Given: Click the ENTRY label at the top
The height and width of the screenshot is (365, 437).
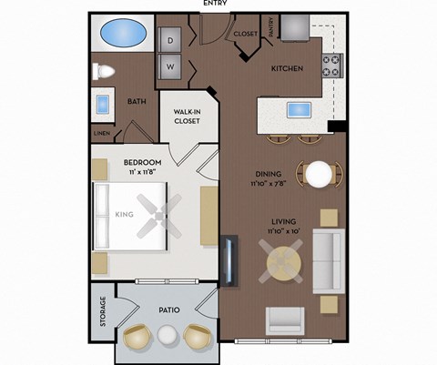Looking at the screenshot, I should [216, 4].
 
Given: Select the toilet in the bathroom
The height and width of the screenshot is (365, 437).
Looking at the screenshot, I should [103, 70].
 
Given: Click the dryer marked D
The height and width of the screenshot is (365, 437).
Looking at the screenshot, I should [169, 40].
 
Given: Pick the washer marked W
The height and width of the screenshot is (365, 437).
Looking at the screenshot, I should [169, 66].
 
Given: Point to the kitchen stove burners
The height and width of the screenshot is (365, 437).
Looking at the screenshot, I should [331, 66].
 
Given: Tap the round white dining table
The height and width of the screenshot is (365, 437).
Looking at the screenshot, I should [319, 174].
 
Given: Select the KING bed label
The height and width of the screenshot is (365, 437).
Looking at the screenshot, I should [125, 215].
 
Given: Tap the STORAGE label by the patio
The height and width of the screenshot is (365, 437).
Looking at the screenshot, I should [102, 315].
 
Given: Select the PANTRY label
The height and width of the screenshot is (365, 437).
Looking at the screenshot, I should [270, 29].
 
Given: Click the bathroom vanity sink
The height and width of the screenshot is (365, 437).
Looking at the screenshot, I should [101, 103].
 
